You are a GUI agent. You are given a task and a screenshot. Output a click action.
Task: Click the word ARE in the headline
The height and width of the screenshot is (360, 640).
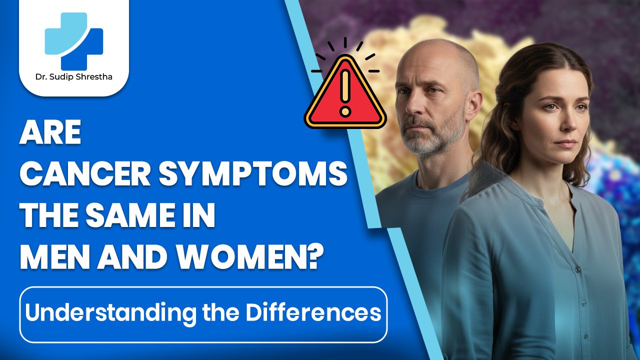50,134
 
